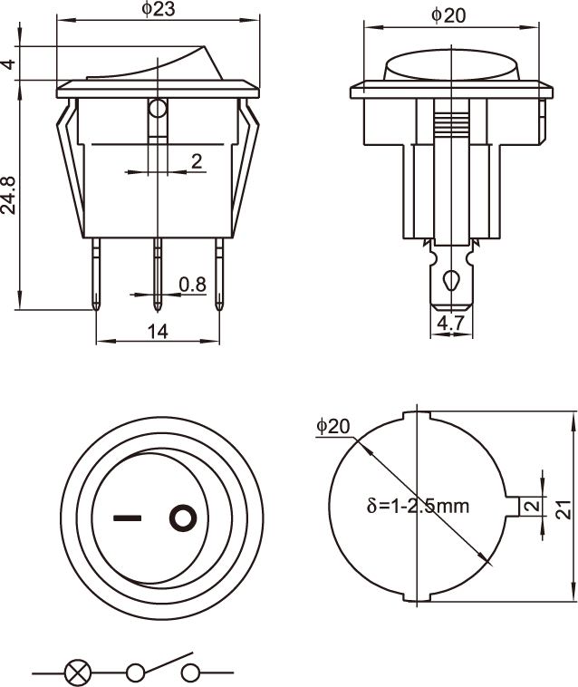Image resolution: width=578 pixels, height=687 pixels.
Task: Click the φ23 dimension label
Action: click(159, 9)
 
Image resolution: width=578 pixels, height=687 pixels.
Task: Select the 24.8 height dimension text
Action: click(8, 195)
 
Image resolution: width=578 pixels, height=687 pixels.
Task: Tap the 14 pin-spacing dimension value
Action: click(158, 332)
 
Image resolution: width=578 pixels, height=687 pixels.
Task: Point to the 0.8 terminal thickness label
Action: click(192, 285)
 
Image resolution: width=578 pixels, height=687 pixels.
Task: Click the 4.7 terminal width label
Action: click(450, 324)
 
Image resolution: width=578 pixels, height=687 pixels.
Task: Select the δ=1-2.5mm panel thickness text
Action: click(418, 506)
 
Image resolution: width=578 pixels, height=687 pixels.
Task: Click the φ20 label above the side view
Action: click(448, 15)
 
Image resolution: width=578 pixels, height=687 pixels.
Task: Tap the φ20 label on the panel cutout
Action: click(333, 426)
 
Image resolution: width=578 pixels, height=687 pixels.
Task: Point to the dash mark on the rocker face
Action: click(128, 518)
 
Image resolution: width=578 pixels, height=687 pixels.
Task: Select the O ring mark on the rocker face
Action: click(183, 518)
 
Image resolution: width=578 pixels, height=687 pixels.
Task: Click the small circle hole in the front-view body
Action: click(158, 108)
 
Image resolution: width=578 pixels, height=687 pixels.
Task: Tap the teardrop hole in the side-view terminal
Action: click(451, 280)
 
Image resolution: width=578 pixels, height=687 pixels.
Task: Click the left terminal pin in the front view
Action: click(96, 274)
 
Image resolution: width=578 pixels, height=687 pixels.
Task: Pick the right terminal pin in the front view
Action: click(219, 274)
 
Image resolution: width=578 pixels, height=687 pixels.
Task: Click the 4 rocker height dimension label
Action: click(9, 64)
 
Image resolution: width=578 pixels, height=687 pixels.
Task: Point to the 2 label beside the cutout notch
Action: click(533, 506)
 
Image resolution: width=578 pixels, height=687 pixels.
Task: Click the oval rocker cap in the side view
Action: click(451, 66)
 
